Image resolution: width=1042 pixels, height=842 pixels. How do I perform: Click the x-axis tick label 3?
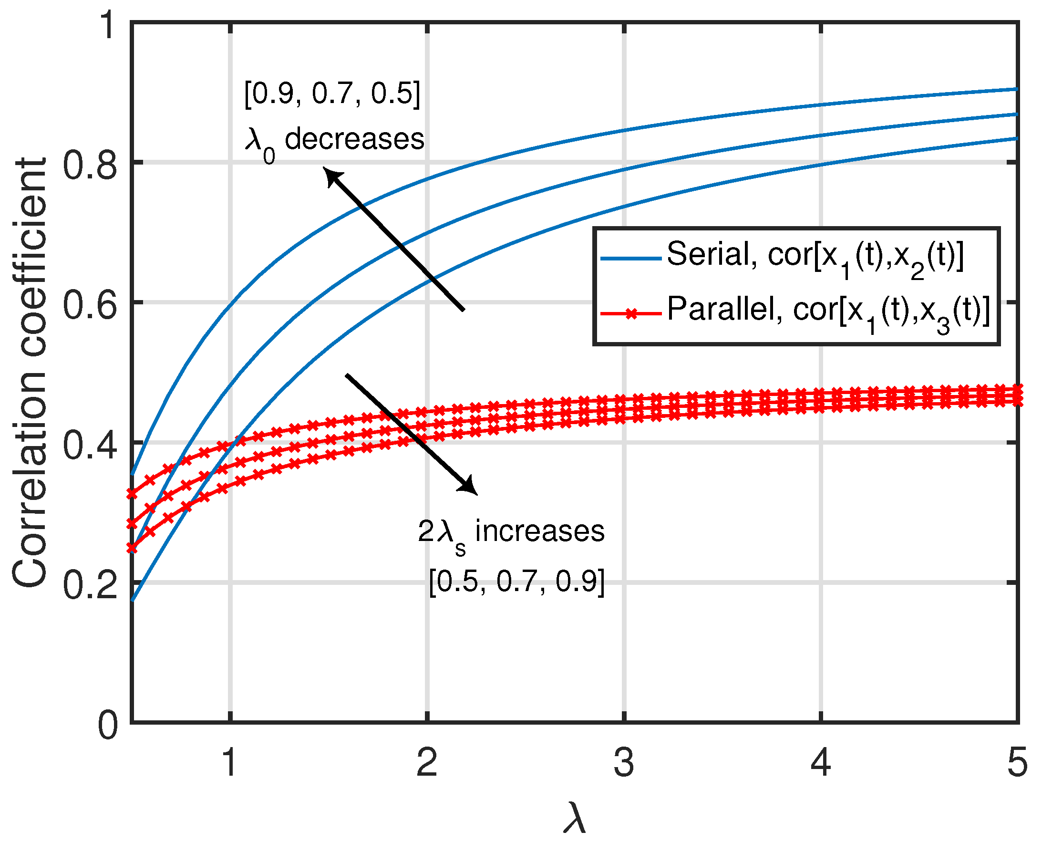pyautogui.click(x=624, y=763)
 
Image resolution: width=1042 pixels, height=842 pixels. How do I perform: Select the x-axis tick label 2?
pyautogui.click(x=427, y=763)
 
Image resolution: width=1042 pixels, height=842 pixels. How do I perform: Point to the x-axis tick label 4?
pyautogui.click(x=820, y=763)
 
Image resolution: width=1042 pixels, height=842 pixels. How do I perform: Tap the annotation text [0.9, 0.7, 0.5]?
pyautogui.click(x=332, y=93)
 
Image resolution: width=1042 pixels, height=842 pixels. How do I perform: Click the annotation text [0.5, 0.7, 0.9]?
pyautogui.click(x=517, y=582)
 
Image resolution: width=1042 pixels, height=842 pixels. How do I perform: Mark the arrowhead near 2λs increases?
pyautogui.click(x=468, y=487)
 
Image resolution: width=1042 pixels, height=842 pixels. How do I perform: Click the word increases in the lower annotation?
pyautogui.click(x=540, y=531)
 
